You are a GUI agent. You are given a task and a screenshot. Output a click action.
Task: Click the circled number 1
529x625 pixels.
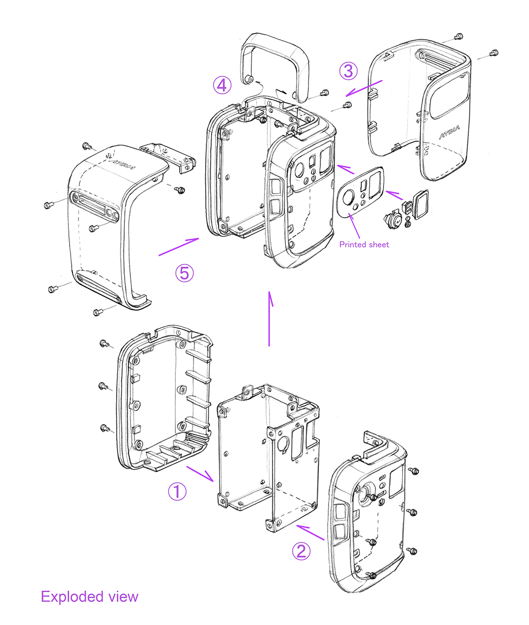(177, 491)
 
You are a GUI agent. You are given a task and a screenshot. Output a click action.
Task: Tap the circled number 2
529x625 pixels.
(301, 550)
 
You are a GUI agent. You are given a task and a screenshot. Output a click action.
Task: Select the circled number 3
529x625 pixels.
(348, 71)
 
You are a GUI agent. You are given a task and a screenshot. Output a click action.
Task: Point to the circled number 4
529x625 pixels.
(222, 85)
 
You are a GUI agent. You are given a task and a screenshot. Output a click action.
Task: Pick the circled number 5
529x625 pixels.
(184, 273)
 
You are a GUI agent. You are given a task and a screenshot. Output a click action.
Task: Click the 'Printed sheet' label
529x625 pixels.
(364, 244)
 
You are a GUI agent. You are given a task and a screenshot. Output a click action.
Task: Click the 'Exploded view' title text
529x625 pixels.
(90, 597)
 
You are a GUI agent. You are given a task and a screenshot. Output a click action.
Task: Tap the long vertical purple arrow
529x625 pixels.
(269, 319)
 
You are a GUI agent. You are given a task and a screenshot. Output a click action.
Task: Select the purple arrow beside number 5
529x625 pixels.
(179, 247)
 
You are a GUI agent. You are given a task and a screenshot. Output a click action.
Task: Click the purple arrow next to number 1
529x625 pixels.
(200, 474)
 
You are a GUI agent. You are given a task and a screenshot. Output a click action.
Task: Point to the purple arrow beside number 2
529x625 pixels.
(310, 532)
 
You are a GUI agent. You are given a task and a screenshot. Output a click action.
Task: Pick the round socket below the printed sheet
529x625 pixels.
(392, 220)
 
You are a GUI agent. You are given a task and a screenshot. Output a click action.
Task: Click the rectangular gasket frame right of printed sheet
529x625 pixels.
(420, 204)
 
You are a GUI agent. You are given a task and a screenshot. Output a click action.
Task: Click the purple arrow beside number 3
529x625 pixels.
(364, 88)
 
